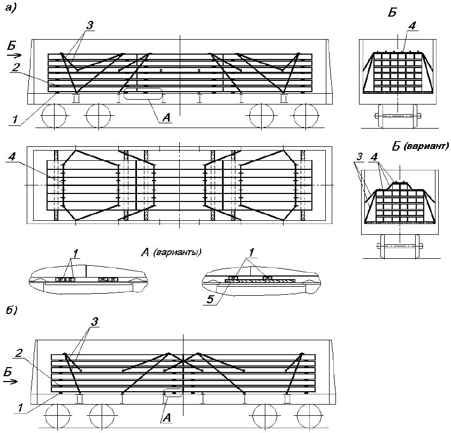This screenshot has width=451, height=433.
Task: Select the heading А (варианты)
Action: click(x=174, y=252)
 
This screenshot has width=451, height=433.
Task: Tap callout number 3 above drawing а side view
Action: click(x=90, y=25)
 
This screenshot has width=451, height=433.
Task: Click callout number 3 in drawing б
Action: click(x=95, y=321)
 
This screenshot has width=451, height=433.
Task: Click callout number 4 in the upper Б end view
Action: click(x=411, y=25)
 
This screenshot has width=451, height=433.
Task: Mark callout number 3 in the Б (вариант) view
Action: click(x=360, y=156)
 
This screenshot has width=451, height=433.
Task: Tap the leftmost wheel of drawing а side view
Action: click(x=53, y=115)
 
